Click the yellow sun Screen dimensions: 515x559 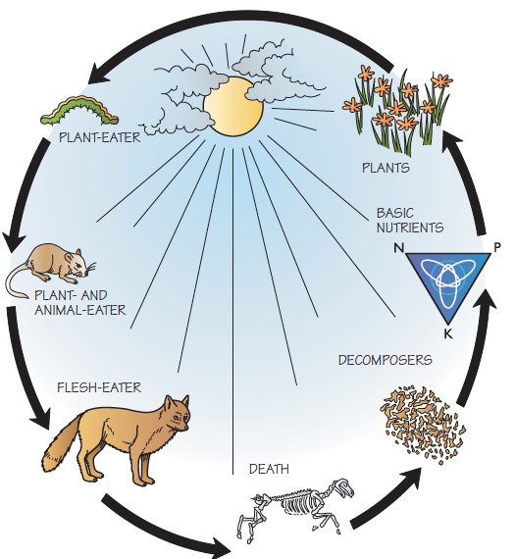point(233,107)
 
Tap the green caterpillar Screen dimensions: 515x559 point(79,112)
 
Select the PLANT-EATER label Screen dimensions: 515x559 point(100,137)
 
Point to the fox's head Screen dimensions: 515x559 point(178,414)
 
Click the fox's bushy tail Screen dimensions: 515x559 point(62,445)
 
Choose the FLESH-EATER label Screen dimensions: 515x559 point(99,387)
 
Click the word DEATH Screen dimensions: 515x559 point(269,469)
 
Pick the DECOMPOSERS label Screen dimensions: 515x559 point(386,360)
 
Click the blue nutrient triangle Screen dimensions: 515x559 point(448,281)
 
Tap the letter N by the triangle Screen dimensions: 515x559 point(398,247)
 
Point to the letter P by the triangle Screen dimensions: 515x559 point(497,247)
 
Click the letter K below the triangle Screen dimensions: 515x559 point(448,333)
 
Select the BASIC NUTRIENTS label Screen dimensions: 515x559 point(410,221)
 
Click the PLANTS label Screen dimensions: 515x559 point(386,168)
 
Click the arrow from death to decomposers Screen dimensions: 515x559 point(386,498)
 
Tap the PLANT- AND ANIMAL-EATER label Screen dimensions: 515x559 point(79,303)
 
